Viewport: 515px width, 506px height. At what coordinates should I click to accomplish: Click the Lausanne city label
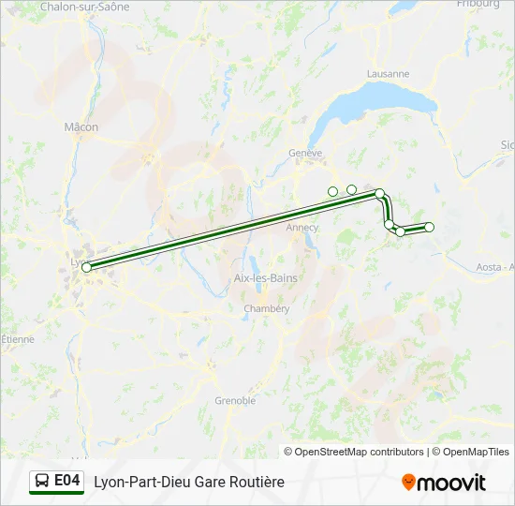[x=388, y=74]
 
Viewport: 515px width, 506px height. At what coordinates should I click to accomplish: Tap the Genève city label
[x=305, y=153]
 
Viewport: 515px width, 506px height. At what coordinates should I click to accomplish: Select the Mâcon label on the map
[x=81, y=127]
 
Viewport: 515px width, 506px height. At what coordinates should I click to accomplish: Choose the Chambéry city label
[x=259, y=309]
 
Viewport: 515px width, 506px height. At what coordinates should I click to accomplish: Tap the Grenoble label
[x=235, y=401]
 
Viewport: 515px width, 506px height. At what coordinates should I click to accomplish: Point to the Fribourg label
[x=478, y=5]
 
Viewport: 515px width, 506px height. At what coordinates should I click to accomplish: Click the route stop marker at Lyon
[x=86, y=267]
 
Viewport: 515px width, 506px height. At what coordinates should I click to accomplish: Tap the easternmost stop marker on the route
[x=430, y=227]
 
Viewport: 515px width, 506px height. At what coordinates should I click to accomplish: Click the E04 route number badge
[x=66, y=481]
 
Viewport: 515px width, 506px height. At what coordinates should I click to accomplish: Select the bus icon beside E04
[x=43, y=482]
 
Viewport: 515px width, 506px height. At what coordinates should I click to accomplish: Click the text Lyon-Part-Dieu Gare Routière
[x=188, y=482]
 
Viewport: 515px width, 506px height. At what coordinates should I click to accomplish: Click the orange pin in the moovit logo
[x=408, y=483]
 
